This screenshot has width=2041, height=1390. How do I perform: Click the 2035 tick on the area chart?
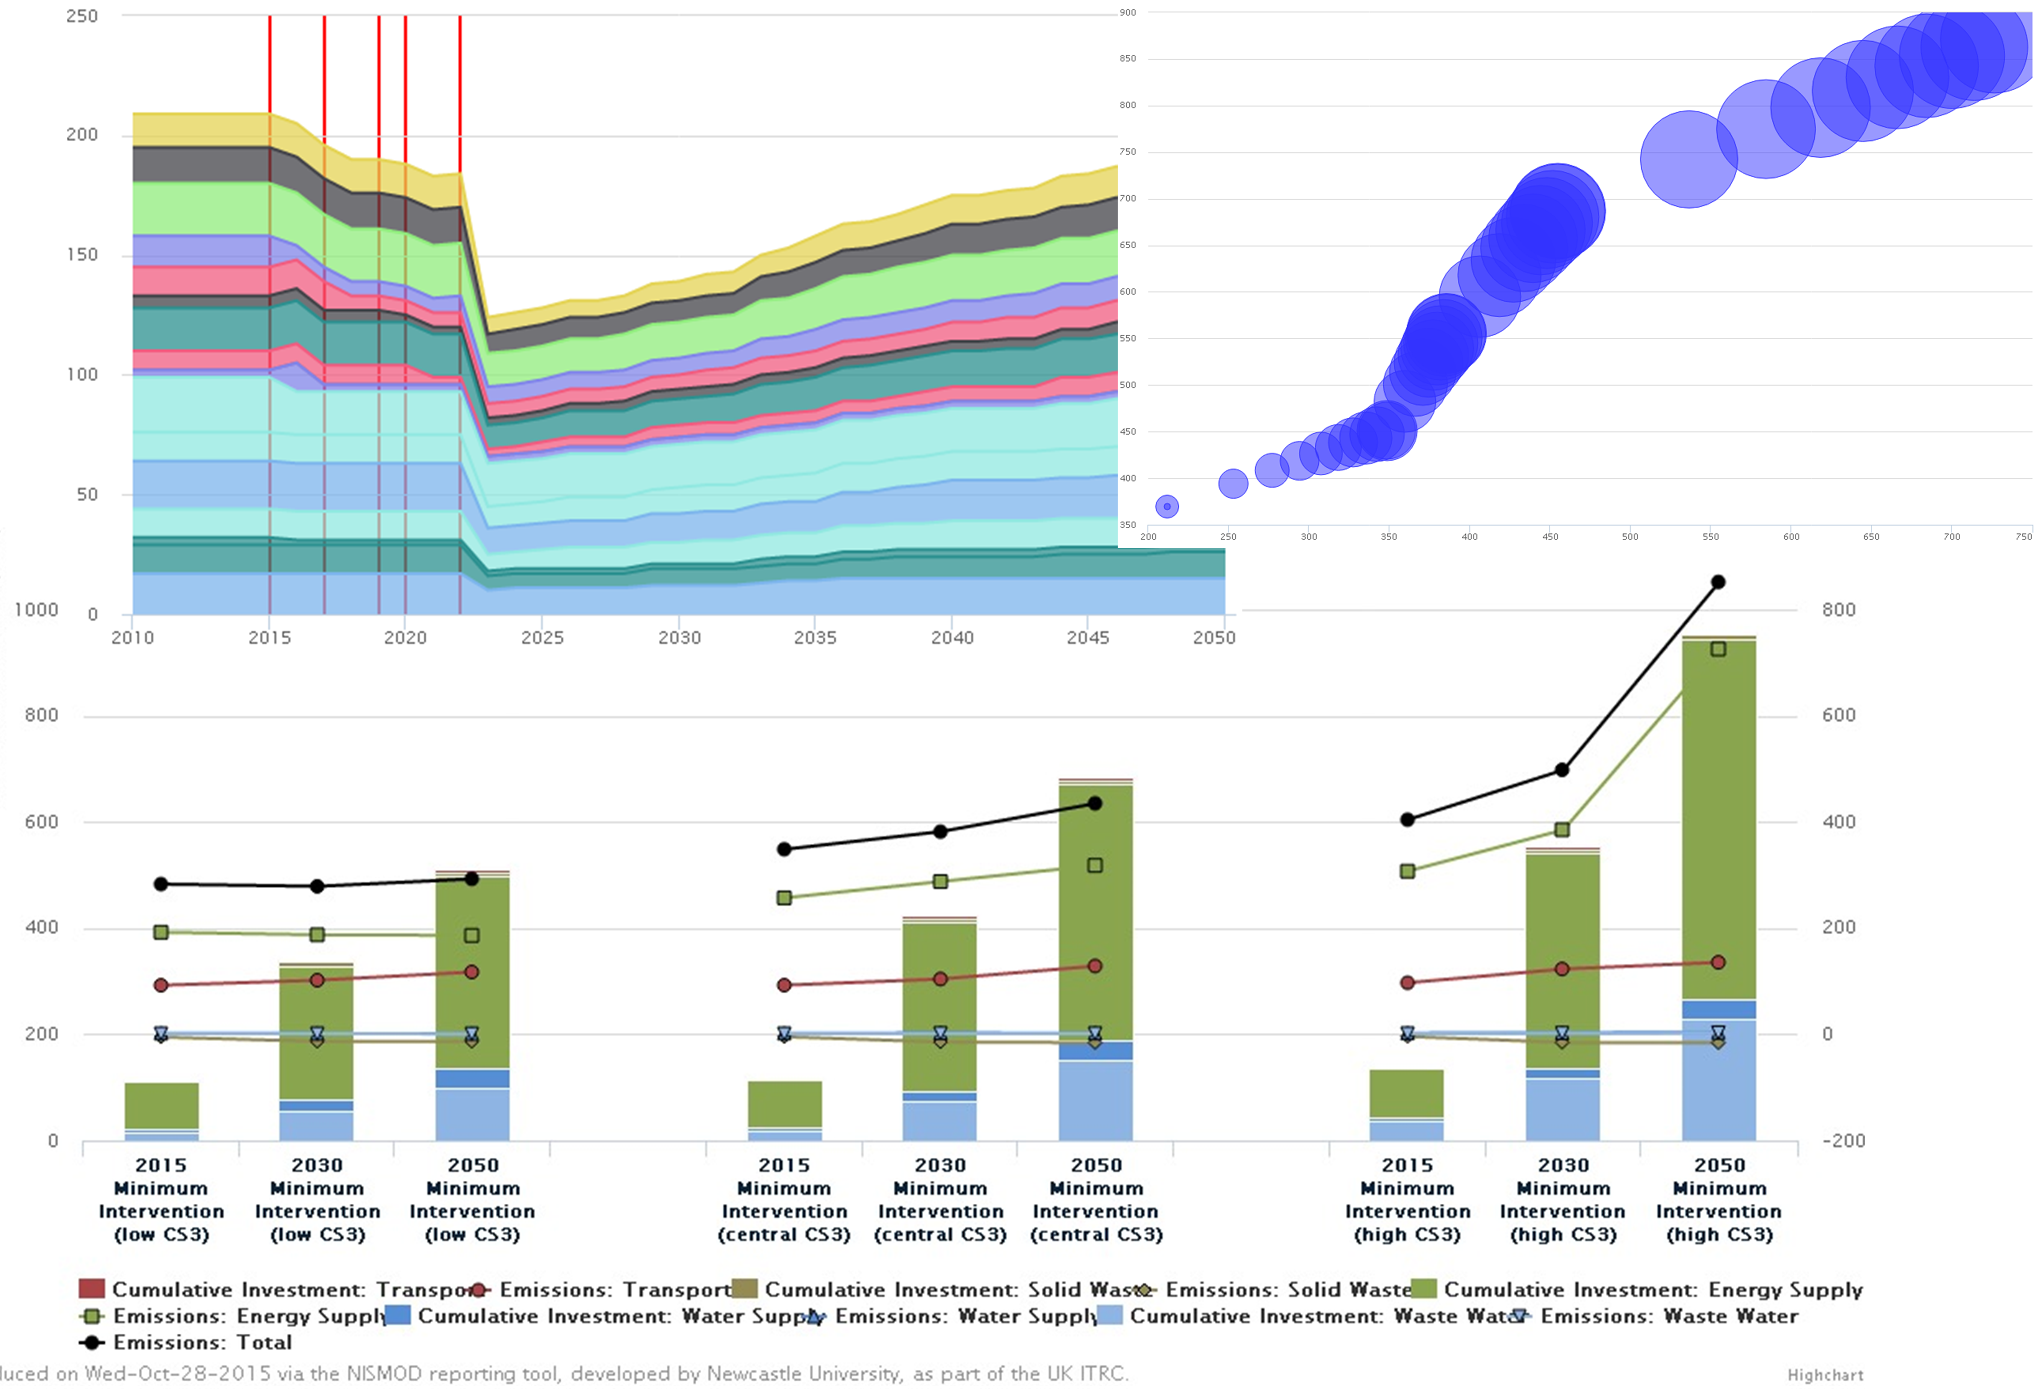(815, 638)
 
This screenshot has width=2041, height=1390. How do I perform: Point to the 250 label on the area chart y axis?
(82, 16)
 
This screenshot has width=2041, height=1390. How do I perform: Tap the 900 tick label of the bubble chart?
(1128, 12)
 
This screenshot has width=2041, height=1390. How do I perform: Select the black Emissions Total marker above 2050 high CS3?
(1718, 582)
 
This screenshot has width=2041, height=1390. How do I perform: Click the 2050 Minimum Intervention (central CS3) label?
(1096, 1200)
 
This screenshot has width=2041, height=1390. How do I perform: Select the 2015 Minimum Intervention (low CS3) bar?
(162, 1111)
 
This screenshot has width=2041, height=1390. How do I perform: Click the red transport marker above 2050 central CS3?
(1094, 966)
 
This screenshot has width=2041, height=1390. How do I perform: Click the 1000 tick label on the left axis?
(36, 609)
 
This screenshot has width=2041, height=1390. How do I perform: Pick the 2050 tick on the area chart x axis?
(1214, 638)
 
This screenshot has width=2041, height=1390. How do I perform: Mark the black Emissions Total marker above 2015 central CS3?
(784, 849)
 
